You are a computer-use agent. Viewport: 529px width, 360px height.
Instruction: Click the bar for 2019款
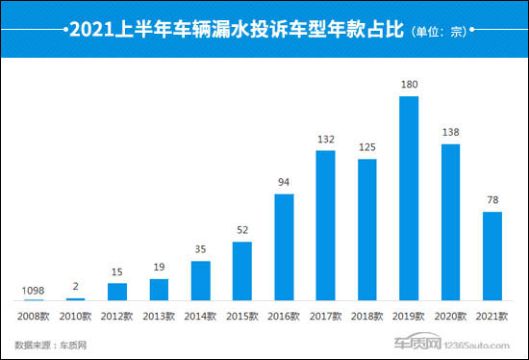point(409,200)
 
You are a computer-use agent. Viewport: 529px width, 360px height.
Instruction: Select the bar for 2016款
point(284,247)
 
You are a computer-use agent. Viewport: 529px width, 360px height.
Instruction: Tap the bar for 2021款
point(491,256)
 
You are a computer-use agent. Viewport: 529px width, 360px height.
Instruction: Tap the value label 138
point(450,132)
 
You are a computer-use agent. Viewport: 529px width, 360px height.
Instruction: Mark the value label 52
point(241,229)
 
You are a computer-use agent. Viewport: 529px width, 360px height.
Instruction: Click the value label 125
point(366,146)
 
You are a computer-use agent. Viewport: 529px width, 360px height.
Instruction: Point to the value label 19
point(159,267)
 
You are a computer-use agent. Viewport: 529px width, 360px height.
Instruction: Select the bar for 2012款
point(116,292)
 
